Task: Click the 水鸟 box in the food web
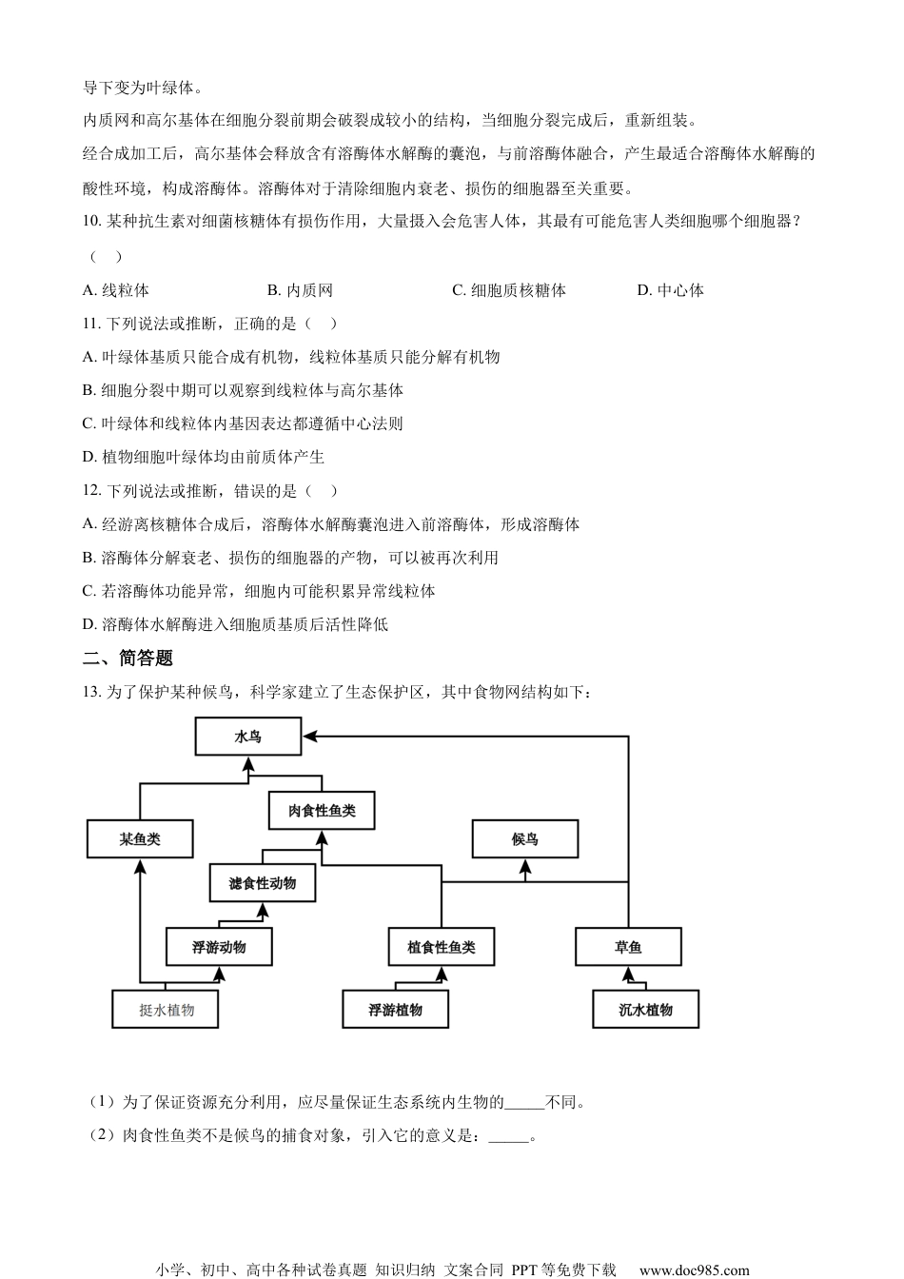coord(247,736)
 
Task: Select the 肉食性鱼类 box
coord(322,811)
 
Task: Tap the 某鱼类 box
coord(140,839)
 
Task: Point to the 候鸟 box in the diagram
coord(525,838)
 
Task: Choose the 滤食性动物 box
coord(263,883)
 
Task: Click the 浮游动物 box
coord(219,947)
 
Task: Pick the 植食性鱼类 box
coord(442,947)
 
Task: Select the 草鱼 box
coord(628,947)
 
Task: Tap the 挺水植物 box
coord(167,1010)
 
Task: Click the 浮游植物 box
coord(395,1010)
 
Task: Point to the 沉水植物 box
coord(646,1010)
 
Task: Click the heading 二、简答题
coord(128,658)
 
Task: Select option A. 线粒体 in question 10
coord(116,290)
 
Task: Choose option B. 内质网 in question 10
coord(300,290)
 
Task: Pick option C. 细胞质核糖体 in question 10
coord(509,290)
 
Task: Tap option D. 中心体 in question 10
coord(671,290)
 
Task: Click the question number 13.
coord(92,692)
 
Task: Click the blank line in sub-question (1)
coord(524,1104)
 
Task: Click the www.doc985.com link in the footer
coord(694,1269)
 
